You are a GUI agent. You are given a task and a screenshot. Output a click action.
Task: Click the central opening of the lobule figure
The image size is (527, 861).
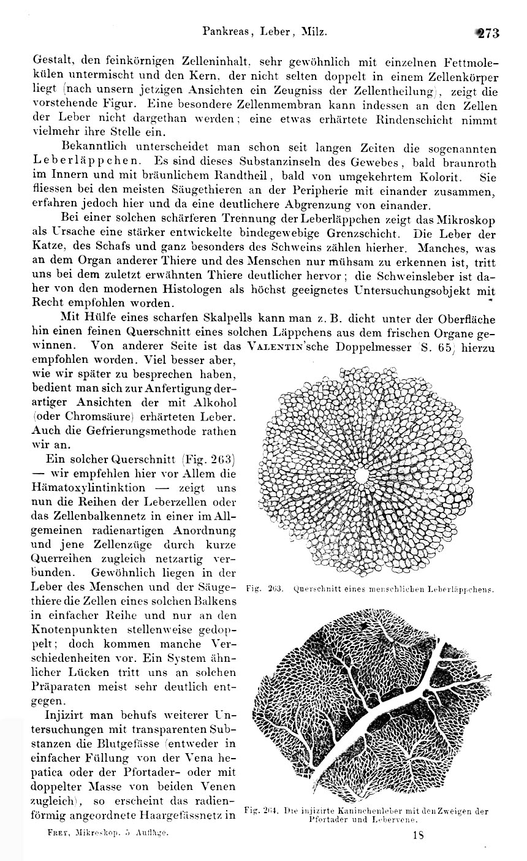click(362, 474)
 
